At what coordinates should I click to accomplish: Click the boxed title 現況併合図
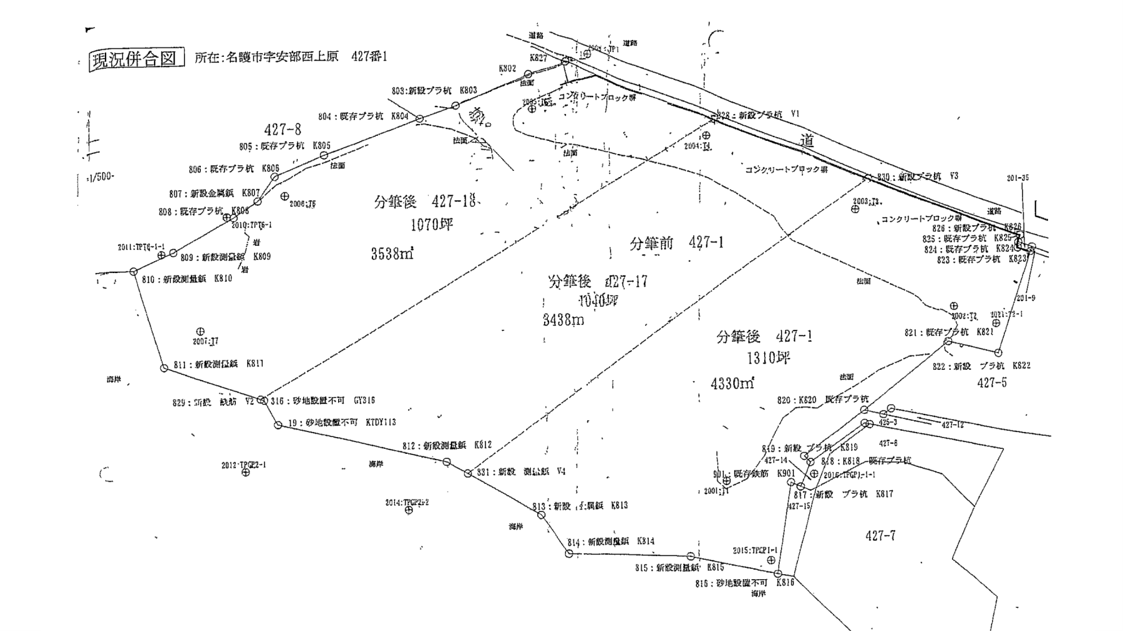point(136,59)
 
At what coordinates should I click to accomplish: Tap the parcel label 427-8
point(283,130)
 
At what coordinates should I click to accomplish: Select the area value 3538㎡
point(392,254)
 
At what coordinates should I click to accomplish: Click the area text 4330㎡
point(732,383)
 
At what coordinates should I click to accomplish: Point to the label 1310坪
point(769,359)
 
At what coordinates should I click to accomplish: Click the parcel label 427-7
point(880,536)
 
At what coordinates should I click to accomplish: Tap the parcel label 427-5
point(992,383)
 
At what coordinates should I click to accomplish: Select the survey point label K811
point(255,364)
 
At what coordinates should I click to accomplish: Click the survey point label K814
point(646,541)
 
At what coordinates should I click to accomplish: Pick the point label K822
point(1021,366)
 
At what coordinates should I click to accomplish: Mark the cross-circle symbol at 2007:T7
point(200,331)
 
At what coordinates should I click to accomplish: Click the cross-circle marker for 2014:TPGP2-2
point(409,511)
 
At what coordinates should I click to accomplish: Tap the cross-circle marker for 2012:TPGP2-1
point(245,473)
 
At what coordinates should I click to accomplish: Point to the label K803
point(468,90)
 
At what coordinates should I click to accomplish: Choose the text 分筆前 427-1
point(677,243)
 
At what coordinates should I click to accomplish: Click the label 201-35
point(1018,178)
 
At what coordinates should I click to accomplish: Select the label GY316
point(364,400)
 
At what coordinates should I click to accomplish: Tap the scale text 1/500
point(101,176)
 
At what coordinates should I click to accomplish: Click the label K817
point(884,494)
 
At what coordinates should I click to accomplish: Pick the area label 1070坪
point(431,224)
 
